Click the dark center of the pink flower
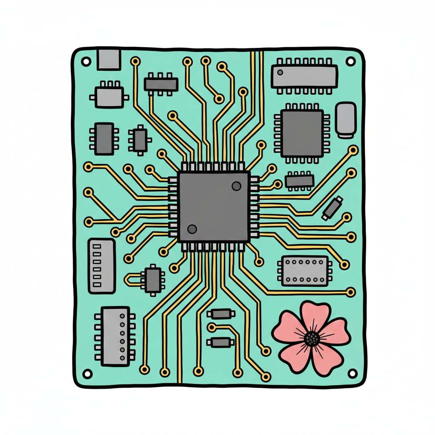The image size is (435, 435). [312, 338]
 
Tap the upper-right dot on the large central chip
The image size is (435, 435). [236, 186]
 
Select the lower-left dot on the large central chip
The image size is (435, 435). [192, 229]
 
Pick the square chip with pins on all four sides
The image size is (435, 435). [302, 133]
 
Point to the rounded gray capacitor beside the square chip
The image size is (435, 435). [346, 119]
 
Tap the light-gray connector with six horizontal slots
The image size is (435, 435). [102, 266]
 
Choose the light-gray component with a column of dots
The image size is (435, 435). [115, 336]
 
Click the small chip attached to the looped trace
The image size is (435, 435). [153, 279]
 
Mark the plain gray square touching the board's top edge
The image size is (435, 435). [108, 59]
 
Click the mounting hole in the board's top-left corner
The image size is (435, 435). [86, 62]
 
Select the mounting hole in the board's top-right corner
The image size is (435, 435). [350, 61]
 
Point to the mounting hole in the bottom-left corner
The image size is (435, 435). [87, 374]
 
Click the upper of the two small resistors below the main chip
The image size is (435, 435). [220, 314]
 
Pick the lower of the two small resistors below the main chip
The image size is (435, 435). [220, 342]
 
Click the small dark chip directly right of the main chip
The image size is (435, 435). [299, 181]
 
